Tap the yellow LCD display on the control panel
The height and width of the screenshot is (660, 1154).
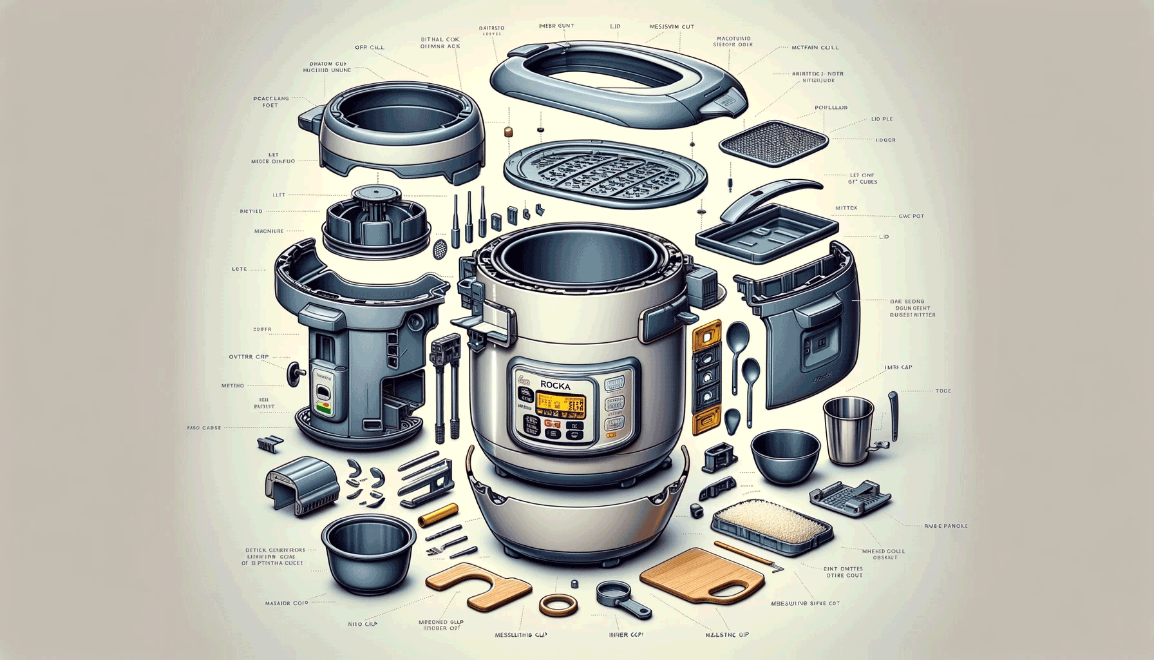560,405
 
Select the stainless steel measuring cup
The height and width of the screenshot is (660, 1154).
849,429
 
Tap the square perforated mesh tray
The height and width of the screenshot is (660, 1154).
773,142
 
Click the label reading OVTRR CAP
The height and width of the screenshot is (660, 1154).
249,356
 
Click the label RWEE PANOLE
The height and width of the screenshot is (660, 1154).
945,526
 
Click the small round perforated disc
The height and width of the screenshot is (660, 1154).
440,248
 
